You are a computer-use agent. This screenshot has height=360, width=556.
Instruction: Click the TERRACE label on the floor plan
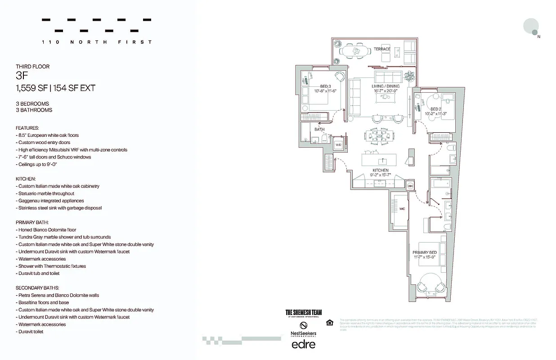(382, 49)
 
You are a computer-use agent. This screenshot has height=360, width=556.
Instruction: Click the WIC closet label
(402, 209)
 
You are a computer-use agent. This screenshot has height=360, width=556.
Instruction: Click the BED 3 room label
(326, 86)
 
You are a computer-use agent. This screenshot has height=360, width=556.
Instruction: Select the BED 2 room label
(435, 109)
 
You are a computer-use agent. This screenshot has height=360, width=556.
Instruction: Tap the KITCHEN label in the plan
(380, 171)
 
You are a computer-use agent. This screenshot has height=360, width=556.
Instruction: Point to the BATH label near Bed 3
(319, 130)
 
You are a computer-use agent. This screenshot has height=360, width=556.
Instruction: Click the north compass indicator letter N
(539, 37)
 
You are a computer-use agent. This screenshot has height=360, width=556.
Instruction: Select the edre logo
(304, 344)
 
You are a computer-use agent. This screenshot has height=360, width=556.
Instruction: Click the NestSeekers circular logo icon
(304, 325)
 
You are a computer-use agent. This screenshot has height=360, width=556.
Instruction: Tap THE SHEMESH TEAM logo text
(304, 312)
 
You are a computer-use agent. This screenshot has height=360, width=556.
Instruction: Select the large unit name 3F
(22, 76)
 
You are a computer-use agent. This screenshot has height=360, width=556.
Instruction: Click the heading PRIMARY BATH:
(32, 222)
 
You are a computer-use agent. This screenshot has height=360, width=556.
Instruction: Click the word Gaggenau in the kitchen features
(28, 201)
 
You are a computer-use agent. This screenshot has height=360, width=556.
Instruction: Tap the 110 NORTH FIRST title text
(96, 42)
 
